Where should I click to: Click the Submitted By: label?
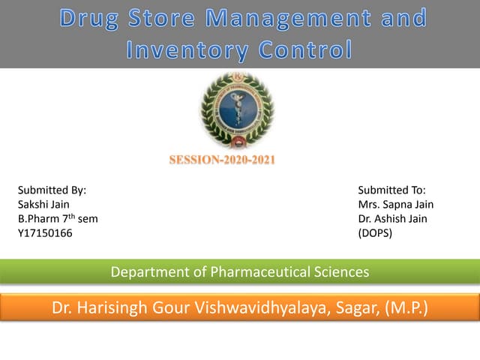[x=52, y=190]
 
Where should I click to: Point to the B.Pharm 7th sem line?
[x=58, y=219]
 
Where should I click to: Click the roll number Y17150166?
[x=45, y=233]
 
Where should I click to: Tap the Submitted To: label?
[x=391, y=190]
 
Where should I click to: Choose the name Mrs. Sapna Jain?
[x=396, y=205]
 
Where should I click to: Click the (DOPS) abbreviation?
[x=376, y=233]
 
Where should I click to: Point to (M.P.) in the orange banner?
[x=406, y=307]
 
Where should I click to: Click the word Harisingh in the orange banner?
[x=112, y=307]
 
